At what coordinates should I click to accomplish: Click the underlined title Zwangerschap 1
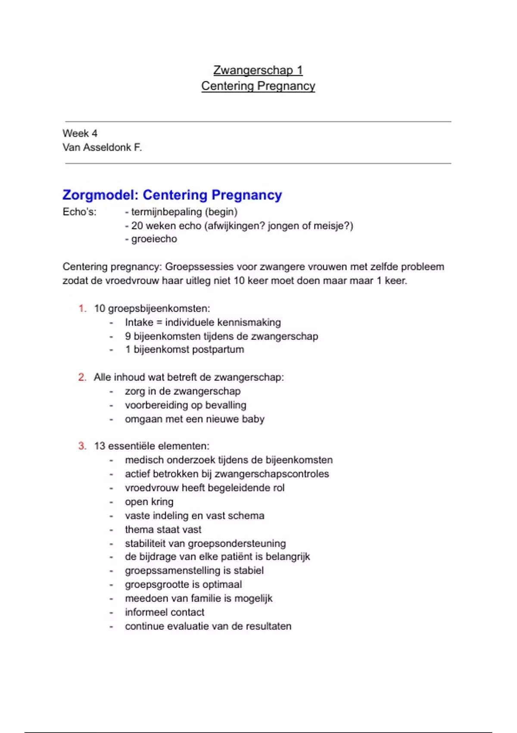pyautogui.click(x=258, y=70)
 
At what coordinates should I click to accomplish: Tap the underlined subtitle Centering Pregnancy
pyautogui.click(x=258, y=86)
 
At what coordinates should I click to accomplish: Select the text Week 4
pyautogui.click(x=80, y=133)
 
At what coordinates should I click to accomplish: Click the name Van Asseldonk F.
pyautogui.click(x=102, y=147)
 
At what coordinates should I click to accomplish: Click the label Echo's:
pyautogui.click(x=79, y=212)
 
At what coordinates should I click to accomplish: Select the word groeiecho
pyautogui.click(x=154, y=239)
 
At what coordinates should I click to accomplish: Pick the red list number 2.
pyautogui.click(x=82, y=377)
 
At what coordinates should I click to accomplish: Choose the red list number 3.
pyautogui.click(x=82, y=446)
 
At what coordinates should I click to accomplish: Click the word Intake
pyautogui.click(x=139, y=322)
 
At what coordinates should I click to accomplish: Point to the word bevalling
pyautogui.click(x=226, y=405)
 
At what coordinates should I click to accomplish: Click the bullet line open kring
pyautogui.click(x=149, y=501)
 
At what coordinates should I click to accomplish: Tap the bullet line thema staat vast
pyautogui.click(x=163, y=529)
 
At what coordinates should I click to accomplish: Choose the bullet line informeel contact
pyautogui.click(x=165, y=612)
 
